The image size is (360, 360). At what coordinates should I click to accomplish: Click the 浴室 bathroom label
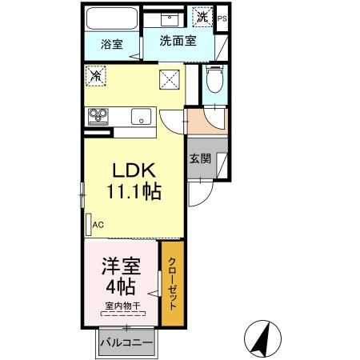coord(111,44)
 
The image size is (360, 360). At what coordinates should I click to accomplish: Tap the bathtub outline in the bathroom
coord(111,18)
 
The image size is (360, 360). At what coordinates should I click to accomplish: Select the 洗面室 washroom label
coord(178,41)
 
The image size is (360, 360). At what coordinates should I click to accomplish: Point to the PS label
coord(222,18)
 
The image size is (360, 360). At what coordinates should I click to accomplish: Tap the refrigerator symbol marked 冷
coord(96,77)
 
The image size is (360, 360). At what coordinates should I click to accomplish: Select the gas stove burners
coord(98,116)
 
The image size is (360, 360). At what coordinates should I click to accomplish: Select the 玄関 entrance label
coord(200,159)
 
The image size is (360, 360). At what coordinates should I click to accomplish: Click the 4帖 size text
coord(118,286)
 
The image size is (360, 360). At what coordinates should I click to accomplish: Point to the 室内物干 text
coord(122,306)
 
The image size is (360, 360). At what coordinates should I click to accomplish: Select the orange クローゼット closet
coord(171,283)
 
